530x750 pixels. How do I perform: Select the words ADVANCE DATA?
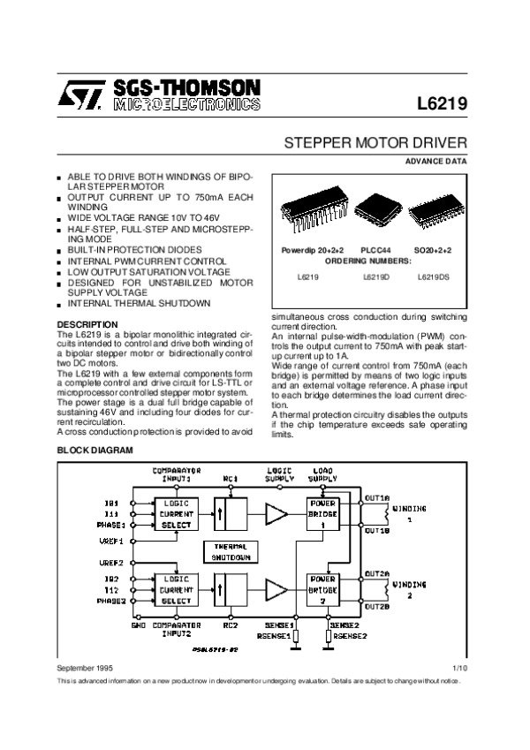(435, 162)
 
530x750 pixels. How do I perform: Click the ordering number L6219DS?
(433, 277)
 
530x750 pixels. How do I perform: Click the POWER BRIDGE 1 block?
(322, 513)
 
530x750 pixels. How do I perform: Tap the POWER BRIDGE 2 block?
(322, 588)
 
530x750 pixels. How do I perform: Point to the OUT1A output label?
(377, 496)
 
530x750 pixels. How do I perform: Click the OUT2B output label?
(377, 607)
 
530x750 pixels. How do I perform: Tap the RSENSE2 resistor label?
(351, 634)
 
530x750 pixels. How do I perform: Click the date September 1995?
(86, 669)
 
